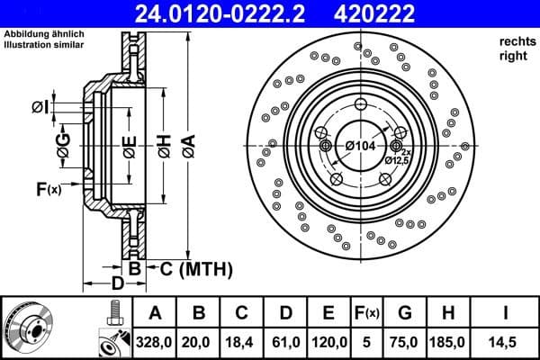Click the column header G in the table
404,313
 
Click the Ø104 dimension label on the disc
361,145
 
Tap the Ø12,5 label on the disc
397,160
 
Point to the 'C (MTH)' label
196,269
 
